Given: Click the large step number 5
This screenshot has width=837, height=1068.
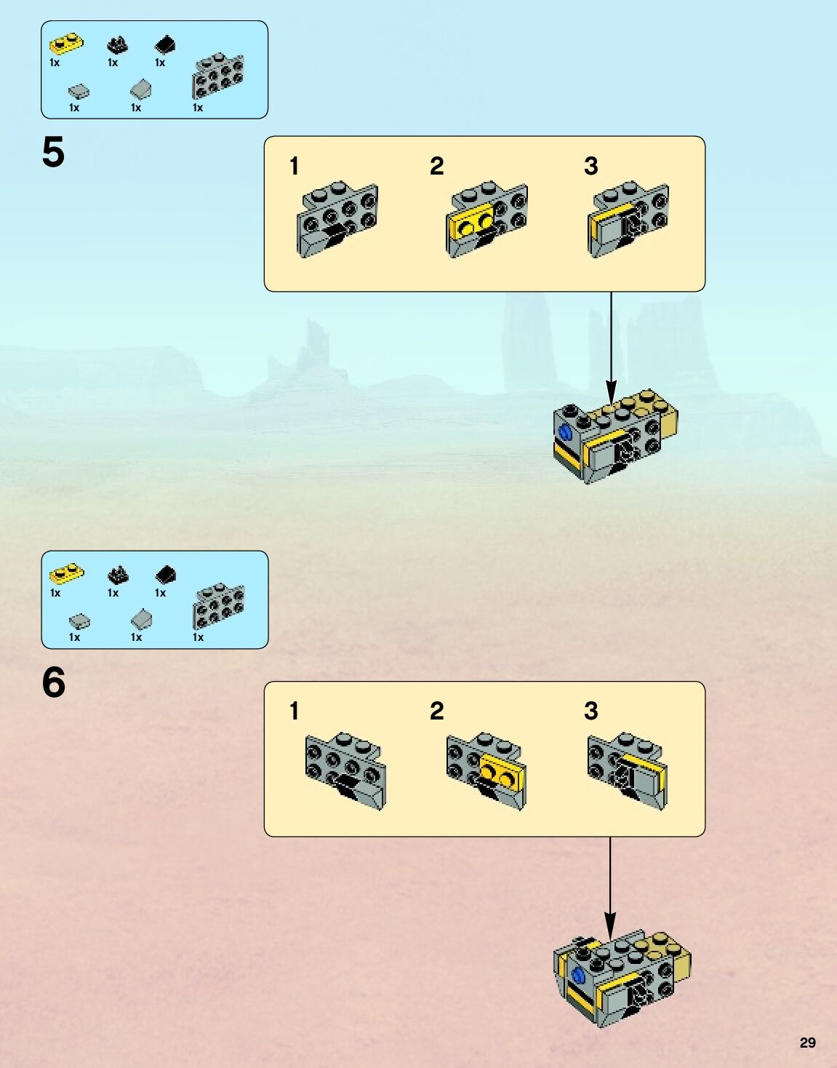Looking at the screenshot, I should pyautogui.click(x=53, y=153).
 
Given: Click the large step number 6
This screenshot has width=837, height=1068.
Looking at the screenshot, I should pyautogui.click(x=53, y=682).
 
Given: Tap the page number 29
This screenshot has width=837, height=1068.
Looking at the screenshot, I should pyautogui.click(x=807, y=1043).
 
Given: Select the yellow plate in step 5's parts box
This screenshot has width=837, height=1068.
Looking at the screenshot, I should pyautogui.click(x=65, y=44).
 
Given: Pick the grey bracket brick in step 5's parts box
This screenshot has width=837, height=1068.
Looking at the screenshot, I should pyautogui.click(x=217, y=76).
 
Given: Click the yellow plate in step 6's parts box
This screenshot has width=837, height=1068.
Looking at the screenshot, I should pyautogui.click(x=66, y=574).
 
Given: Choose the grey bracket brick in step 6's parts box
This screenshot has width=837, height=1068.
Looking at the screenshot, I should pyautogui.click(x=218, y=606).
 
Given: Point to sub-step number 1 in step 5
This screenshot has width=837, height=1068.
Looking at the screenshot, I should pyautogui.click(x=294, y=167).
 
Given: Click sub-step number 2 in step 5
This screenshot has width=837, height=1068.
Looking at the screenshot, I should pyautogui.click(x=436, y=167).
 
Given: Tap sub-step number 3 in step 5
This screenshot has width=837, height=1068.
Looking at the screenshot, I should pyautogui.click(x=590, y=167).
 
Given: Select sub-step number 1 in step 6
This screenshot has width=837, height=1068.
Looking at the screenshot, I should pyautogui.click(x=294, y=711).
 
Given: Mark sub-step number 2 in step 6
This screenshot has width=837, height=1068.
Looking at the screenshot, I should pyautogui.click(x=436, y=711).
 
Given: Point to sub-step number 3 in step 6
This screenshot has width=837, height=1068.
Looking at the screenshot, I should pyautogui.click(x=590, y=711).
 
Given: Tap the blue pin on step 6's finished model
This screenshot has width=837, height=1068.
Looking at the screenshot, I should pyautogui.click(x=579, y=975).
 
